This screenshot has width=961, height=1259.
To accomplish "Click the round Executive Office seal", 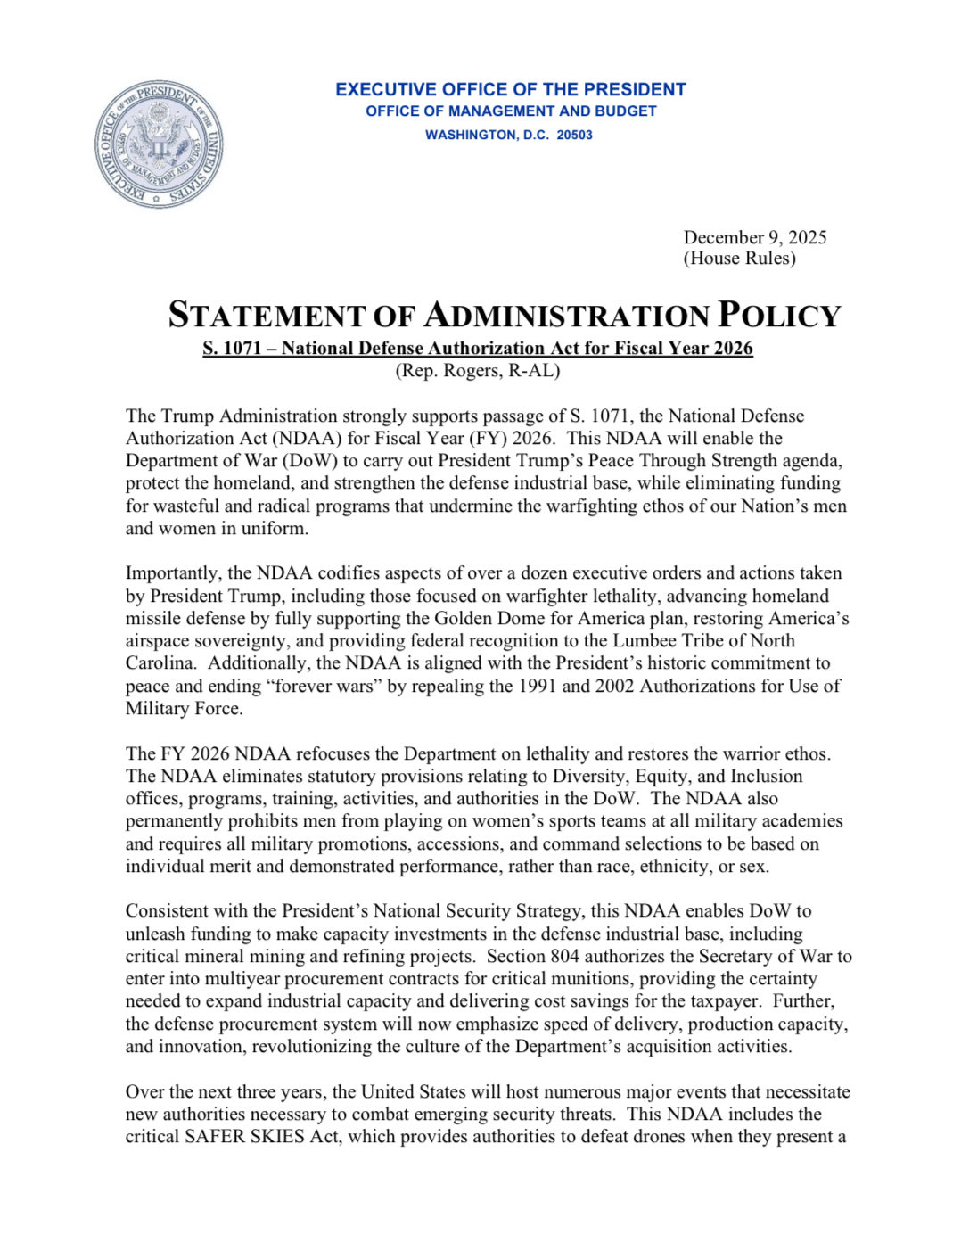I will click(159, 144).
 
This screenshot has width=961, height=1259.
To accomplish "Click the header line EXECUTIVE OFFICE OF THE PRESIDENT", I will click(510, 90).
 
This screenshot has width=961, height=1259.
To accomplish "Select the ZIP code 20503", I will click(575, 136).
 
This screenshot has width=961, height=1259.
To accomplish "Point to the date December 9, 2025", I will click(754, 237).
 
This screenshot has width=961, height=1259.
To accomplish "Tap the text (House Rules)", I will click(739, 259).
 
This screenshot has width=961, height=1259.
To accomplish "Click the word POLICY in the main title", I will click(779, 316).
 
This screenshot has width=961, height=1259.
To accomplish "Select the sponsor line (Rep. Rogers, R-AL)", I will click(478, 371).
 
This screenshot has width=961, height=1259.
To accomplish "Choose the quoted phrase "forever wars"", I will click(326, 687).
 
